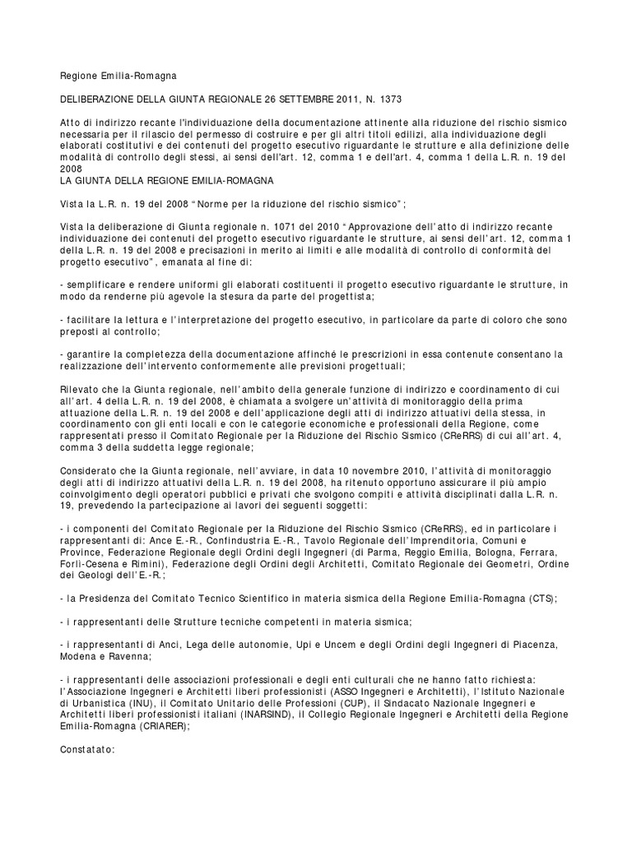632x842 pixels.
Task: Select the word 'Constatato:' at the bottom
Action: [x=88, y=750]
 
